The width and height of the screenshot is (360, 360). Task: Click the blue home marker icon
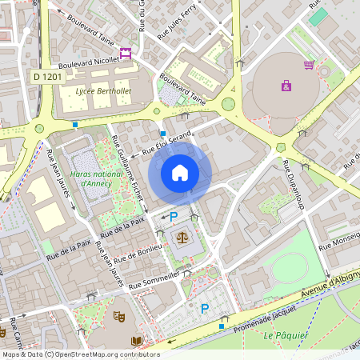tap(180, 173)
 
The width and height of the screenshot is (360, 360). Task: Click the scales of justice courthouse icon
tap(182, 238)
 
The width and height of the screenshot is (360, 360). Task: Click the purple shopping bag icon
tap(286, 85)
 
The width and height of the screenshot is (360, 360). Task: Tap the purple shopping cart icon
tap(309, 65)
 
